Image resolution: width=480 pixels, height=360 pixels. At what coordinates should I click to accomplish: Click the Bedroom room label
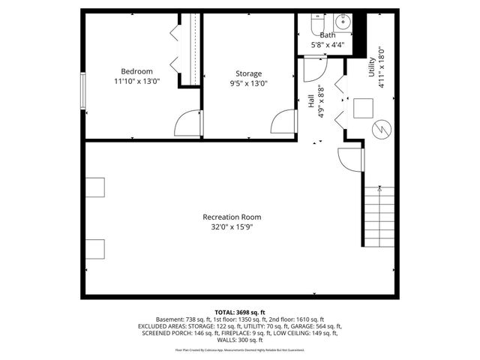(x=136, y=71)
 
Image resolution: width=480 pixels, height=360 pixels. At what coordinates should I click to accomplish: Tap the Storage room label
(x=248, y=73)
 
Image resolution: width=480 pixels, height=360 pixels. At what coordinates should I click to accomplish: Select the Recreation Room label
(x=232, y=217)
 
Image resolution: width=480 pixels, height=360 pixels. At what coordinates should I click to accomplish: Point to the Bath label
(x=328, y=35)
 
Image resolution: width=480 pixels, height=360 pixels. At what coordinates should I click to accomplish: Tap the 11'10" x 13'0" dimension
(x=136, y=81)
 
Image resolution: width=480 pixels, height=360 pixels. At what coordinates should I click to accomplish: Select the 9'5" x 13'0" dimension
(x=248, y=83)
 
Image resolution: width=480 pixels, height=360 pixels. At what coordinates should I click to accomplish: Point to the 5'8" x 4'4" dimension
(x=328, y=45)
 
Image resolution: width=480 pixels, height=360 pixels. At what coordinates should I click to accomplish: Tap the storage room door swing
(x=281, y=122)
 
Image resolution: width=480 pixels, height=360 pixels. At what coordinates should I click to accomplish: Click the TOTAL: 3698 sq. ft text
(x=240, y=311)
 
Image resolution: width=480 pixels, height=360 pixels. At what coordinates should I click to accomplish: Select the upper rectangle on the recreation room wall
(x=95, y=187)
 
